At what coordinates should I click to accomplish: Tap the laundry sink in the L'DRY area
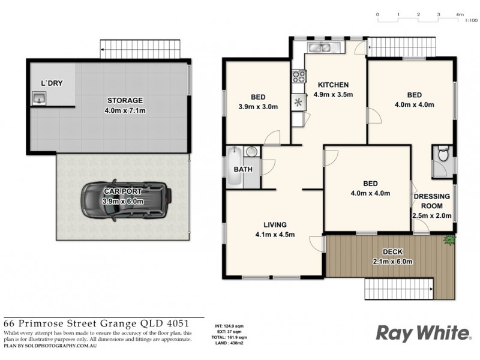[x=38, y=97]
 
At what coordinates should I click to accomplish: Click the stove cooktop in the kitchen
[x=298, y=76]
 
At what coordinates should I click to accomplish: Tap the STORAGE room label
[x=125, y=100]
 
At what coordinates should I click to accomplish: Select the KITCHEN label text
[x=333, y=85]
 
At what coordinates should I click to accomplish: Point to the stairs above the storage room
[x=140, y=48]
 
